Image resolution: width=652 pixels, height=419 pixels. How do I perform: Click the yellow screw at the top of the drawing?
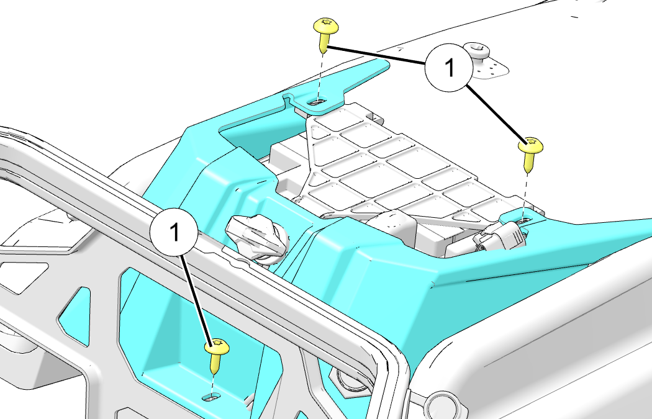tap(325, 35)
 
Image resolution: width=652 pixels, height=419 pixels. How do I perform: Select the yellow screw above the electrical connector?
tap(530, 154)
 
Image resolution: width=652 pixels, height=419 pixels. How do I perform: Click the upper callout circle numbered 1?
tap(449, 68)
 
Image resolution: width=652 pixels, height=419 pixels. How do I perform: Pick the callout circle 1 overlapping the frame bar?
tap(174, 231)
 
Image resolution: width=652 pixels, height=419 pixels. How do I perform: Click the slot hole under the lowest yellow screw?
tap(212, 398)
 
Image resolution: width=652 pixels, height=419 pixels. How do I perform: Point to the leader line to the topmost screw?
tap(376, 55)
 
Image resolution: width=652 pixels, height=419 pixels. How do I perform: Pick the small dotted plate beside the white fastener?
tap(491, 69)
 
